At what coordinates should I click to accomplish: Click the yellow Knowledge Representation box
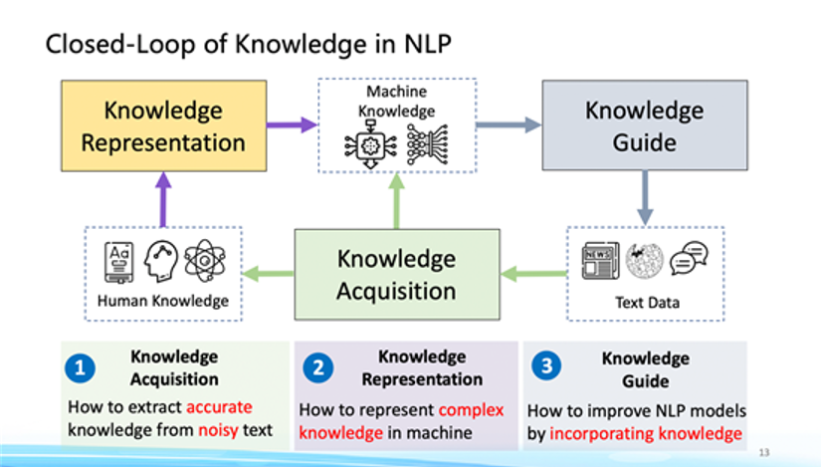click(x=163, y=125)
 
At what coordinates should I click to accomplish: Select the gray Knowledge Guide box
click(x=644, y=125)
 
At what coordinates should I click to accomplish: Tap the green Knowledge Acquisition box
click(x=396, y=274)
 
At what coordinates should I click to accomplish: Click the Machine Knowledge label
click(x=396, y=101)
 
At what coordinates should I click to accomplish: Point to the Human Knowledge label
click(x=163, y=301)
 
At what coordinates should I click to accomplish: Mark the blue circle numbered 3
click(x=545, y=365)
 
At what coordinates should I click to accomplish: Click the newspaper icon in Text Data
click(x=600, y=261)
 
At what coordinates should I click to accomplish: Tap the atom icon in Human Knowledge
click(x=205, y=261)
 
